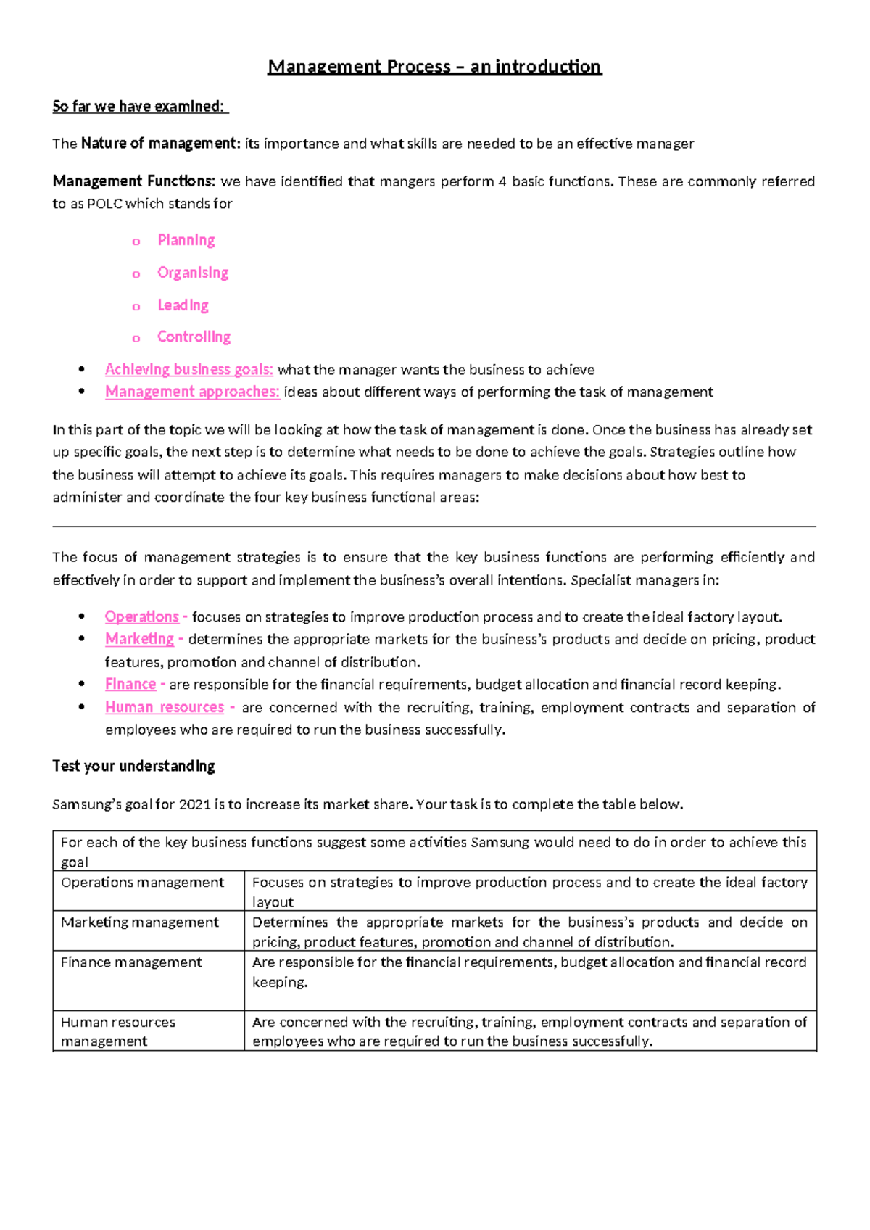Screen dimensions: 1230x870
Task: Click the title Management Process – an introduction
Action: click(x=434, y=67)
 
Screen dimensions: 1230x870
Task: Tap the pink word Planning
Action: click(x=186, y=240)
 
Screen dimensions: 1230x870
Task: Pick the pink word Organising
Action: click(x=193, y=273)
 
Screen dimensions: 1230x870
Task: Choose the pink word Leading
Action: click(x=183, y=305)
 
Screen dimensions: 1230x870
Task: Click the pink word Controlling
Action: click(x=194, y=337)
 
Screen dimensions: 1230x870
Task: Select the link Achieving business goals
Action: click(x=188, y=370)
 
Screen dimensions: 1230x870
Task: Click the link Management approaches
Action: click(x=192, y=392)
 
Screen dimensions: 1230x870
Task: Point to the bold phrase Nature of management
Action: click(x=159, y=144)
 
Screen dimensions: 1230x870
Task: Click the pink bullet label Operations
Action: click(x=141, y=617)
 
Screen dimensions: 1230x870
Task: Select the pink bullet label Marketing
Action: click(x=139, y=640)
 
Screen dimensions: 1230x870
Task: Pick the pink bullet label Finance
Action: click(x=130, y=685)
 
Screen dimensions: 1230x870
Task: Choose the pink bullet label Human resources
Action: click(x=165, y=708)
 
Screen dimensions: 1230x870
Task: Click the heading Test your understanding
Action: click(x=133, y=767)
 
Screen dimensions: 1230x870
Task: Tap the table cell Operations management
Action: click(x=142, y=883)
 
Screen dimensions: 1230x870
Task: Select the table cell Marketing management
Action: click(x=139, y=922)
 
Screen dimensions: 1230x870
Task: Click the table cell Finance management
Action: click(x=131, y=962)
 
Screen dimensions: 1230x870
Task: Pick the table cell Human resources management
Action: click(x=117, y=1031)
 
